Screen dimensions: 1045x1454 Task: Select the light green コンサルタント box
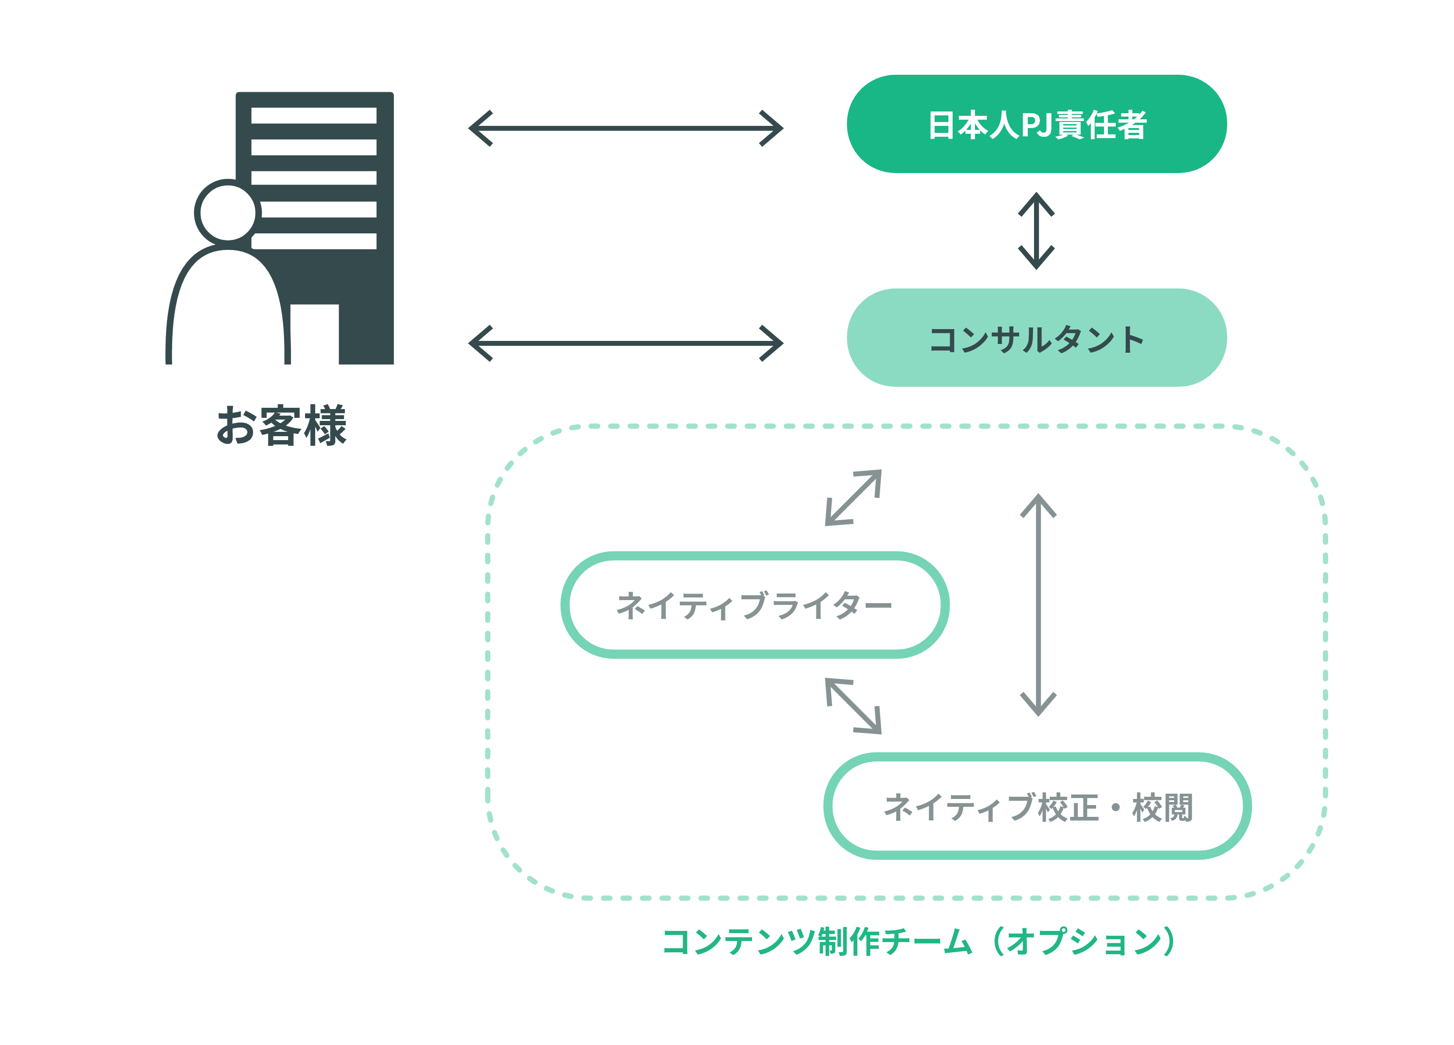1036,338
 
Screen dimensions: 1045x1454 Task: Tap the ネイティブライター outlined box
755,604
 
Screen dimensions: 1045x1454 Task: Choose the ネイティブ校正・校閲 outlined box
1037,806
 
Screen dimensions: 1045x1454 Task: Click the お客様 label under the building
281,426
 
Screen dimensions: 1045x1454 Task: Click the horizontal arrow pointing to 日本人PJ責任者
626,128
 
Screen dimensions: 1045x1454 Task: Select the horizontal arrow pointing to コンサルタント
626,344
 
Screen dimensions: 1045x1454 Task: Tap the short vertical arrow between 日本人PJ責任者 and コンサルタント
1036,231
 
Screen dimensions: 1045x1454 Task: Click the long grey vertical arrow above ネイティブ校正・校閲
1038,604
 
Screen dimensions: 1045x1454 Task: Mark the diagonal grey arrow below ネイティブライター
853,705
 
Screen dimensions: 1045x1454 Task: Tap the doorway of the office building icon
314,333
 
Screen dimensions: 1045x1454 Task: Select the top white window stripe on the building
313,115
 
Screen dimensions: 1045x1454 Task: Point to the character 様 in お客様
325,426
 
